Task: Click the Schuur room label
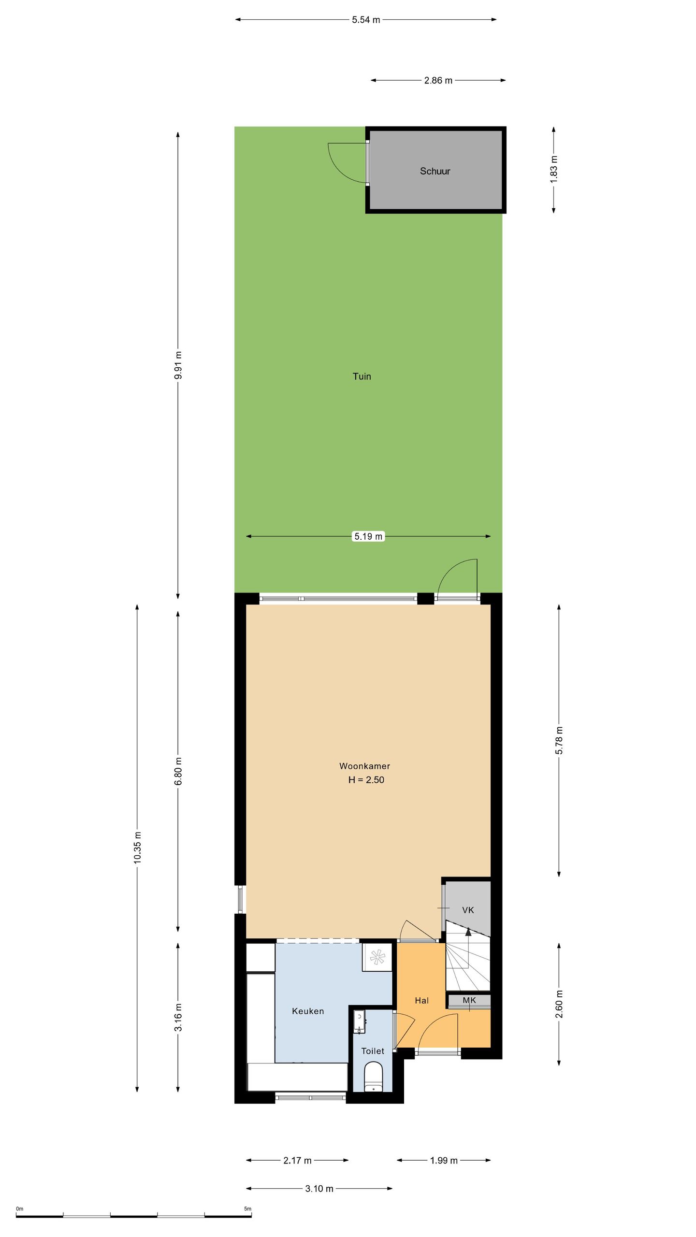click(x=435, y=171)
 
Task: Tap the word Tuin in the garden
click(x=362, y=376)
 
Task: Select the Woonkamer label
click(x=364, y=766)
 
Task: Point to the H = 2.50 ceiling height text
click(x=366, y=779)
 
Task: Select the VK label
click(x=467, y=910)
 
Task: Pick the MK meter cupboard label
click(x=469, y=1000)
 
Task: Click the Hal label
click(x=421, y=1001)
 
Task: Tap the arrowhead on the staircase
click(x=467, y=932)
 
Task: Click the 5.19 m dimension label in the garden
click(x=368, y=536)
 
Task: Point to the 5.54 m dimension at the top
click(x=366, y=20)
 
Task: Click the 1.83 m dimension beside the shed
click(x=554, y=169)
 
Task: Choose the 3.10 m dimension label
click(x=319, y=1189)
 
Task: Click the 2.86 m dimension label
click(x=438, y=81)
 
